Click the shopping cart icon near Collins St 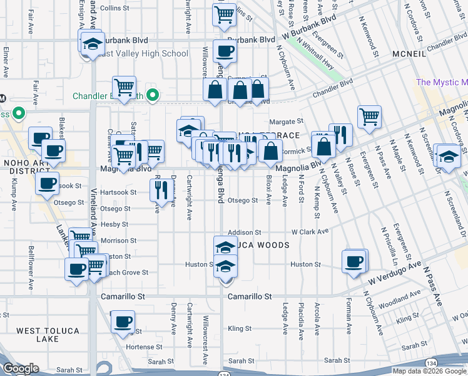(224, 14)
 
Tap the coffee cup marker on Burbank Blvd (224, 50)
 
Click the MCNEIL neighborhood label (410, 55)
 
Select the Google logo (21, 368)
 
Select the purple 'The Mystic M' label (442, 82)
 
